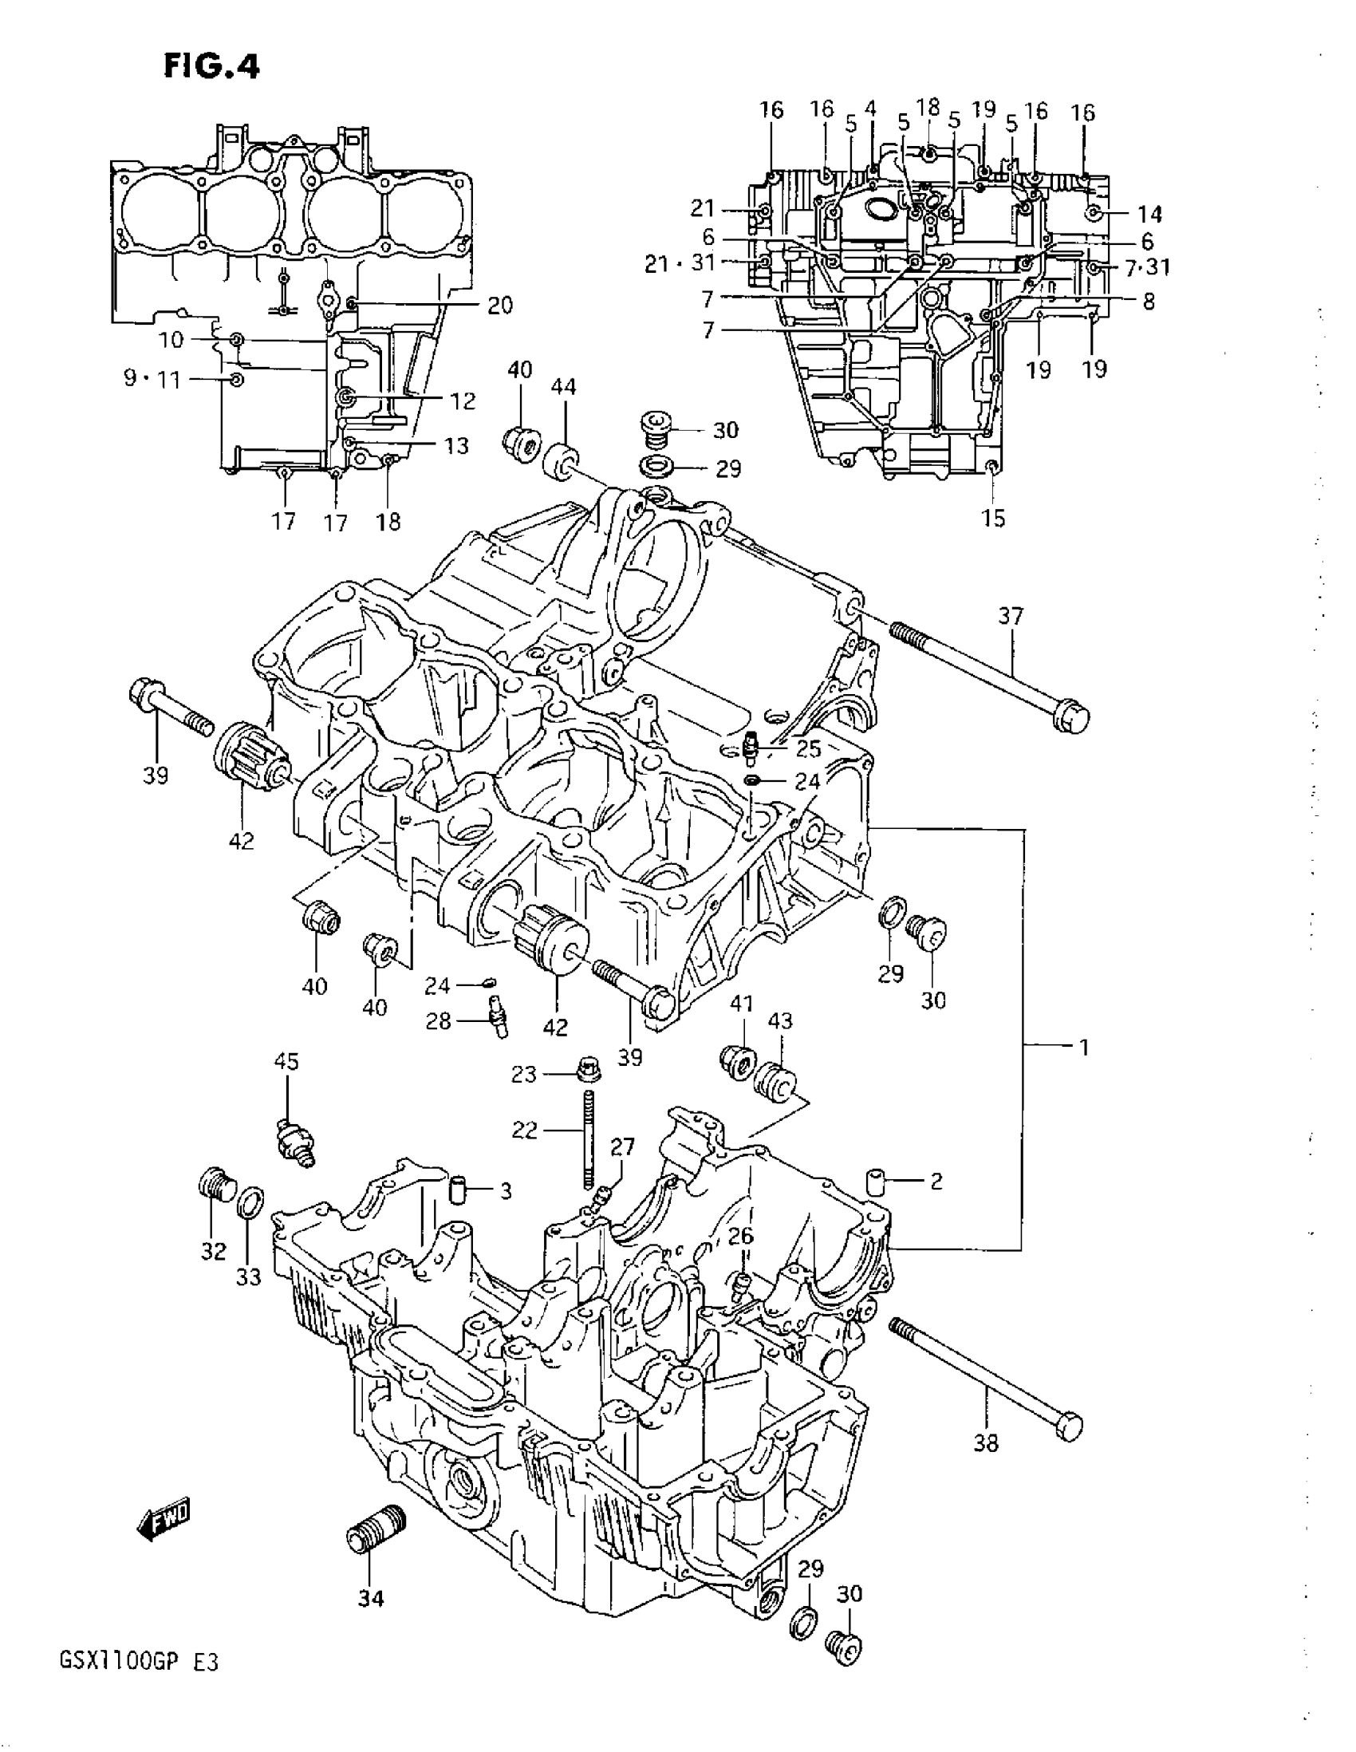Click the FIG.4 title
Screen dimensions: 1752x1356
(211, 65)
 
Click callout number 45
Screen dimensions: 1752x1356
(286, 1062)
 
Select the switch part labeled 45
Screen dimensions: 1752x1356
(295, 1138)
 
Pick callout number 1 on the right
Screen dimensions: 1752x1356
(1083, 1047)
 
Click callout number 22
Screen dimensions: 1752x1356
(524, 1130)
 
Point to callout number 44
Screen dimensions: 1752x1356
(563, 388)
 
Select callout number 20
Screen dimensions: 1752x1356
(499, 306)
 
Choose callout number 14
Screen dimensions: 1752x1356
(1149, 214)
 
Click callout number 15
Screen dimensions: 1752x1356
(993, 519)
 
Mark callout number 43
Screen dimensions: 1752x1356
(779, 1020)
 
